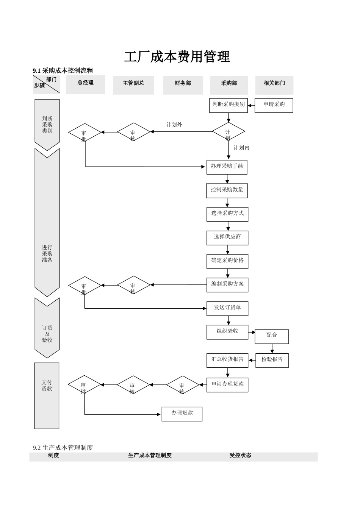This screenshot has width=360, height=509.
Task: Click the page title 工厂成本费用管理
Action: [177, 57]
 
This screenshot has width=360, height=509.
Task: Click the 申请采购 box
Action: [274, 105]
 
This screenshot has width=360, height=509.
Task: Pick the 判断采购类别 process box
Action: [228, 105]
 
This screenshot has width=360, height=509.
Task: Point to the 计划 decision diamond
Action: [228, 132]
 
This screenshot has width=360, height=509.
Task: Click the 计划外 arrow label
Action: [174, 125]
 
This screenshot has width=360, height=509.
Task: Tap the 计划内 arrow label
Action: [241, 148]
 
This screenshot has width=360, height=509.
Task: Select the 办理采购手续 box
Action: [227, 167]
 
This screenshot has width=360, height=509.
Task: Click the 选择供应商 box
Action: [227, 237]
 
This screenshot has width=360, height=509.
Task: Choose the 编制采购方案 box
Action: [227, 284]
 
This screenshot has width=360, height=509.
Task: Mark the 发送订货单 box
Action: [227, 308]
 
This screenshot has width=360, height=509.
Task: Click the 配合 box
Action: [271, 336]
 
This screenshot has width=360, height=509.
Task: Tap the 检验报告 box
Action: [272, 360]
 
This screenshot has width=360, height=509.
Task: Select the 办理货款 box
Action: [182, 414]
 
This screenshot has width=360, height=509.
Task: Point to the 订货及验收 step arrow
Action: [47, 328]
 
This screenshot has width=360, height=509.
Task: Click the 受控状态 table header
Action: [240, 456]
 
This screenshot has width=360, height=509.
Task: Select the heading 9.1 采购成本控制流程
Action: [63, 70]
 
